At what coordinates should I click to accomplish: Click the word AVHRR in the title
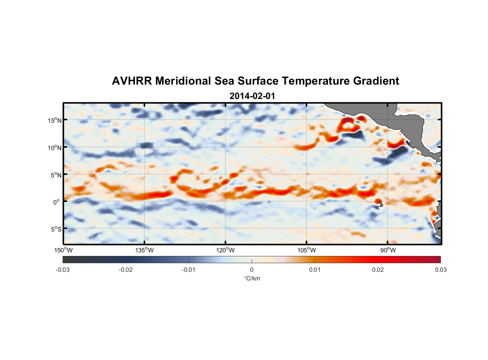(132, 81)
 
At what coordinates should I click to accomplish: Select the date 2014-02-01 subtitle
(252, 96)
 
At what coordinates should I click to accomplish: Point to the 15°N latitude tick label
(55, 120)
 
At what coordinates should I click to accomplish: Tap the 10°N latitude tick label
(55, 148)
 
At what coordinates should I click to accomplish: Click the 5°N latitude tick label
(56, 175)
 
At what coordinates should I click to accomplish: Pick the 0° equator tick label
(57, 202)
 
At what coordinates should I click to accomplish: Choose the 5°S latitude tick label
(56, 229)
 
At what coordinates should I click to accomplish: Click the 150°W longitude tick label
(63, 250)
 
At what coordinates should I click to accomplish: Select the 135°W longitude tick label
(144, 250)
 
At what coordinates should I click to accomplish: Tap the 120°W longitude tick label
(225, 250)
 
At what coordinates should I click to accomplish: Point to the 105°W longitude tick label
(307, 250)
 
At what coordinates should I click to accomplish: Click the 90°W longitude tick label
(388, 250)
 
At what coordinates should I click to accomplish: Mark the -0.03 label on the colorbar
(63, 270)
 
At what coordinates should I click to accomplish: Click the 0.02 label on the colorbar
(378, 270)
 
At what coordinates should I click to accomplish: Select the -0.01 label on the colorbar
(189, 270)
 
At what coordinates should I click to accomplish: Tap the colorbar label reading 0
(252, 270)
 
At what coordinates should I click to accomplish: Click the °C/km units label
(252, 278)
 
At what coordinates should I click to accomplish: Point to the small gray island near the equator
(380, 204)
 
